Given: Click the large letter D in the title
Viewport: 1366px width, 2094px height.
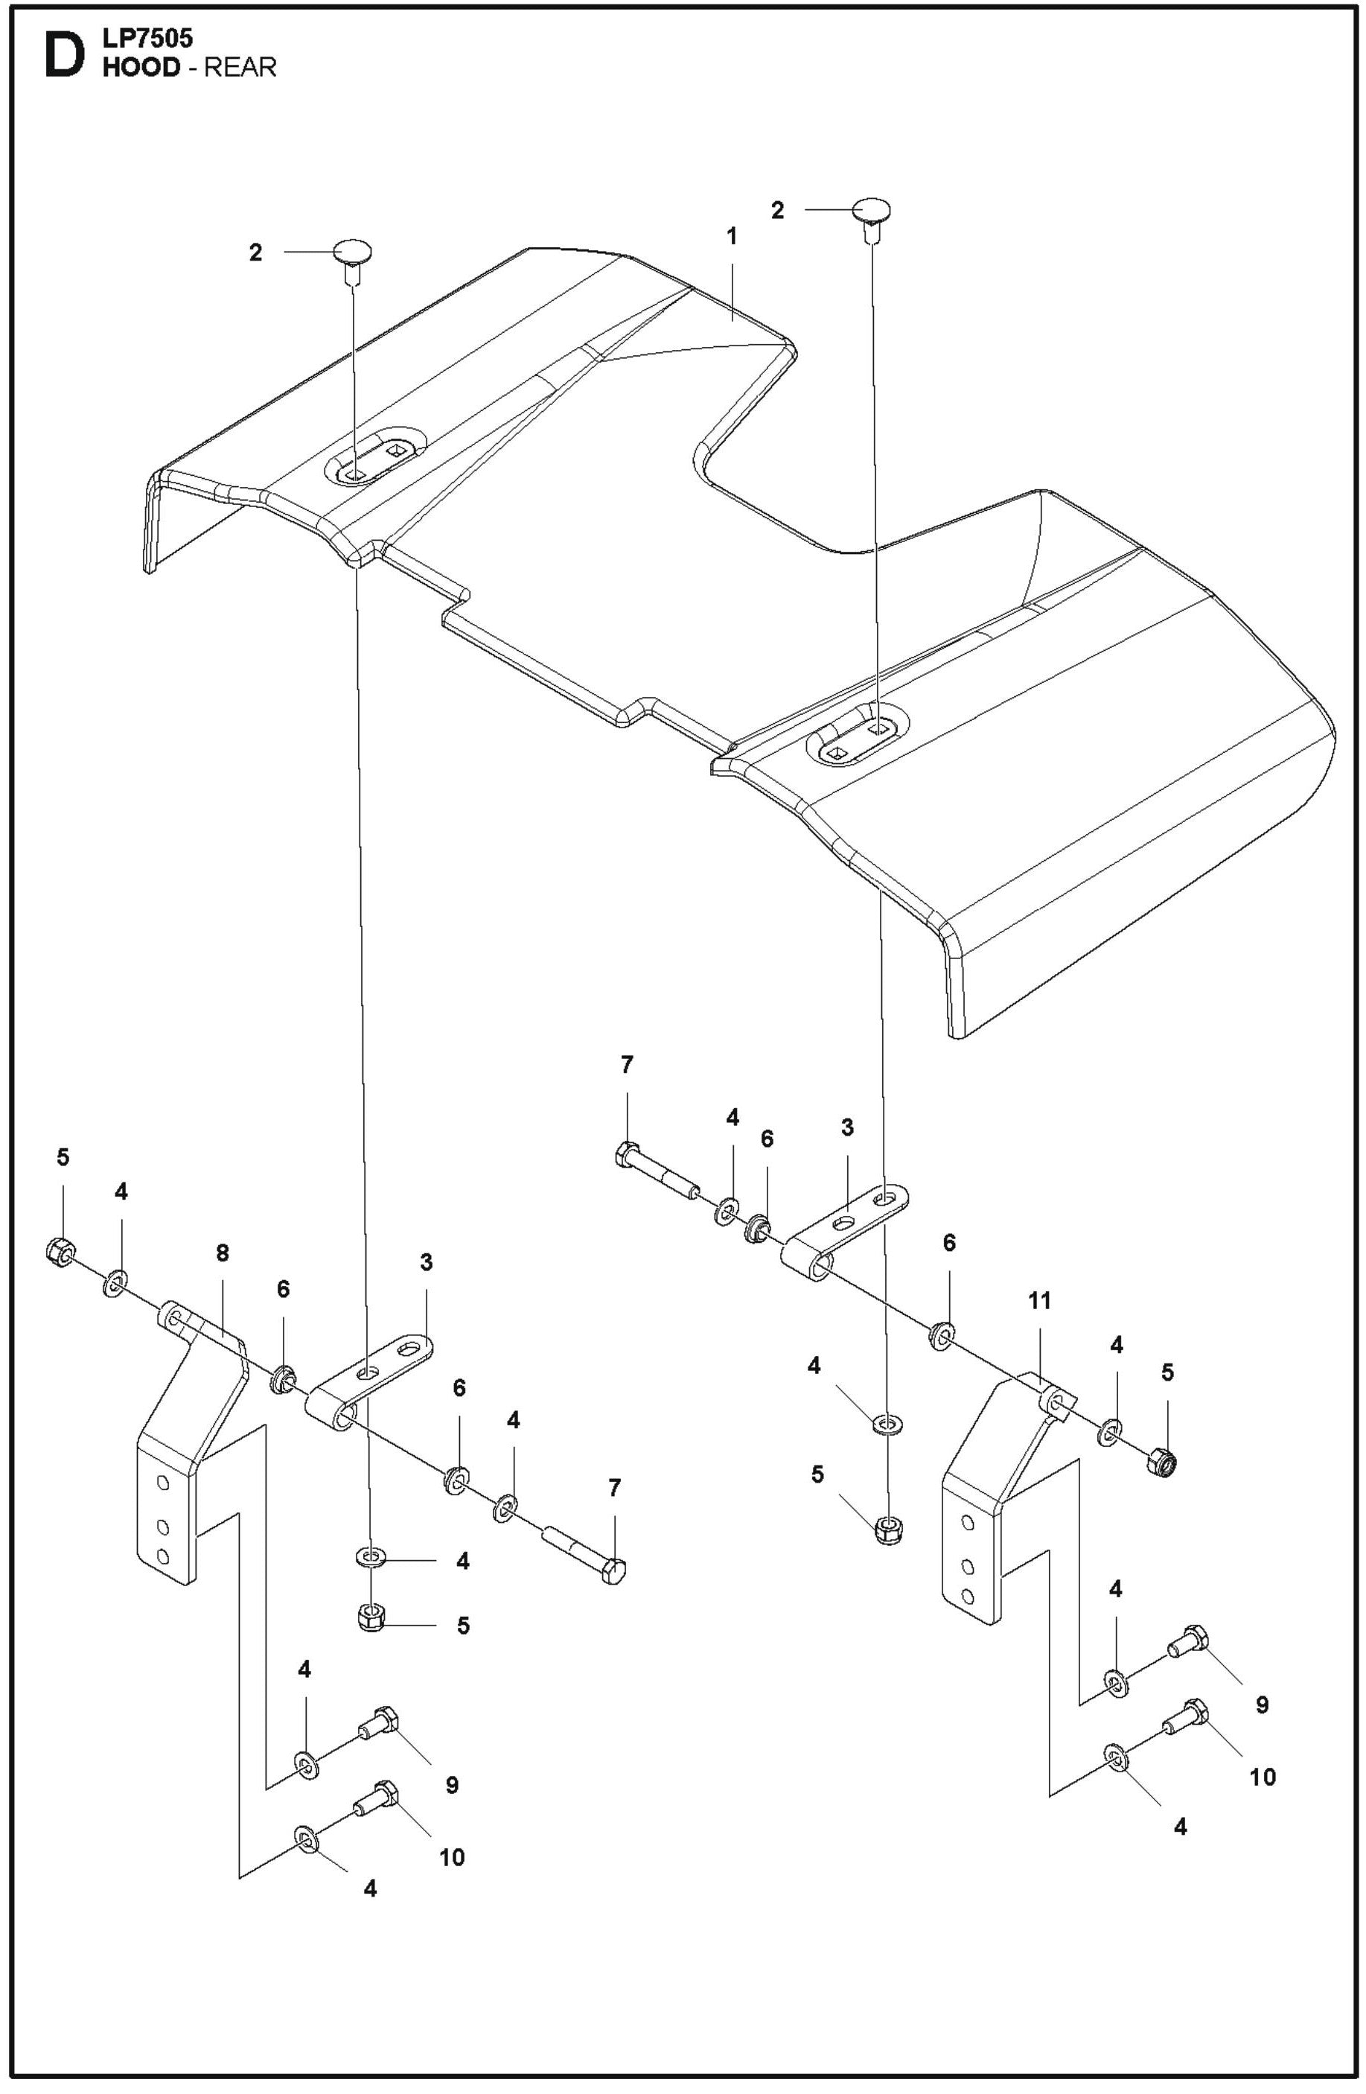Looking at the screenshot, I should (x=64, y=54).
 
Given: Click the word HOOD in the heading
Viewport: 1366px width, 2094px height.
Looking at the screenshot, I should (x=141, y=67).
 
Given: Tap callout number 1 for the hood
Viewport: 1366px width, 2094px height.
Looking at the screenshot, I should (x=731, y=237).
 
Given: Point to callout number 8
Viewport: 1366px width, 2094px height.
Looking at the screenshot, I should (x=222, y=1252).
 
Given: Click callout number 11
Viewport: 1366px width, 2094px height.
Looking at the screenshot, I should (x=1040, y=1300).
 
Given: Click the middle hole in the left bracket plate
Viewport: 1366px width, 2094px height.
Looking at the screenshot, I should (x=162, y=1524).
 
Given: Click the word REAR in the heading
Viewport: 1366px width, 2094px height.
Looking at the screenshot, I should (x=240, y=67).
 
